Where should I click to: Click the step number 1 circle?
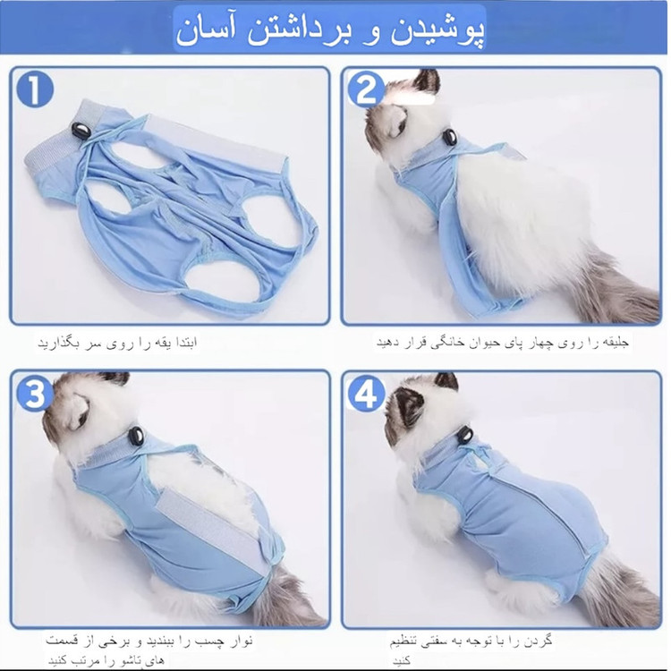[35, 89]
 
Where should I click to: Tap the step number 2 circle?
[366, 89]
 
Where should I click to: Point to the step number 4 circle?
[366, 394]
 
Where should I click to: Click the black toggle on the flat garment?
[80, 130]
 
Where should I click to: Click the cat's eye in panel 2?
[398, 127]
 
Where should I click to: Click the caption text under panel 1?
[117, 344]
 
